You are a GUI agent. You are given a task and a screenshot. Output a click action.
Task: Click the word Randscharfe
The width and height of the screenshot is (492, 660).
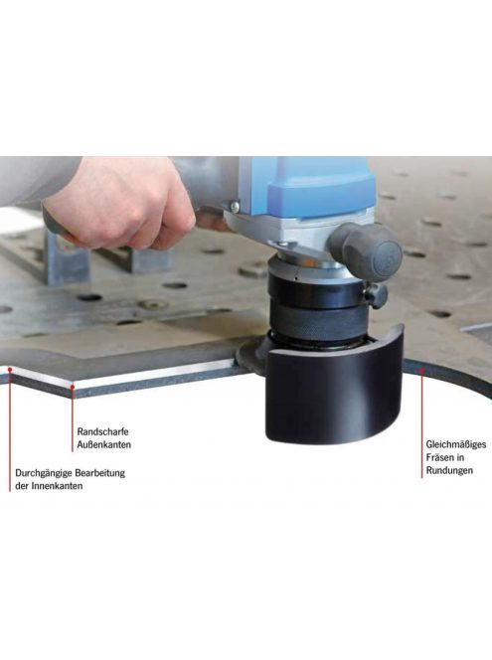pyautogui.click(x=102, y=431)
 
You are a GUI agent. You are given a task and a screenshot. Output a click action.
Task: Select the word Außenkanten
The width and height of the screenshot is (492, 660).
pyautogui.click(x=104, y=444)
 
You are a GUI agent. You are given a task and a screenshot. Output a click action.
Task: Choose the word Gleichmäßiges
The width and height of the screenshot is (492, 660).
pyautogui.click(x=456, y=444)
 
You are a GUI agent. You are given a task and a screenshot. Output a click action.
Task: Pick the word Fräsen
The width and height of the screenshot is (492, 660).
pyautogui.click(x=439, y=457)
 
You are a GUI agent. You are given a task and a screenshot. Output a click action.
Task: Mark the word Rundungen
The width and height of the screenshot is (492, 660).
pyautogui.click(x=449, y=470)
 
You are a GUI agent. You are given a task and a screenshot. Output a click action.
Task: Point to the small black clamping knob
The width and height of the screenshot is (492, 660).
pyautogui.click(x=376, y=294)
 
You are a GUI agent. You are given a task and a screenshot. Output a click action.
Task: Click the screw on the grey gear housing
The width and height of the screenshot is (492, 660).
pyautogui.click(x=235, y=207)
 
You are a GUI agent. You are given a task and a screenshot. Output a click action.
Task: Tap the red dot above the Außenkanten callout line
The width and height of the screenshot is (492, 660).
pyautogui.click(x=73, y=386)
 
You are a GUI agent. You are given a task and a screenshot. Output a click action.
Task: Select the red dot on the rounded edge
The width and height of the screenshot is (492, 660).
pyautogui.click(x=421, y=370)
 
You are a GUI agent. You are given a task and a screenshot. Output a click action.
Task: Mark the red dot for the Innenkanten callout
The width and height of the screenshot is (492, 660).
pyautogui.click(x=10, y=369)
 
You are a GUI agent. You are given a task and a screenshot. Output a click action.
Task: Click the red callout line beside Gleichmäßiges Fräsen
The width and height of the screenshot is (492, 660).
pyautogui.click(x=421, y=424)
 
